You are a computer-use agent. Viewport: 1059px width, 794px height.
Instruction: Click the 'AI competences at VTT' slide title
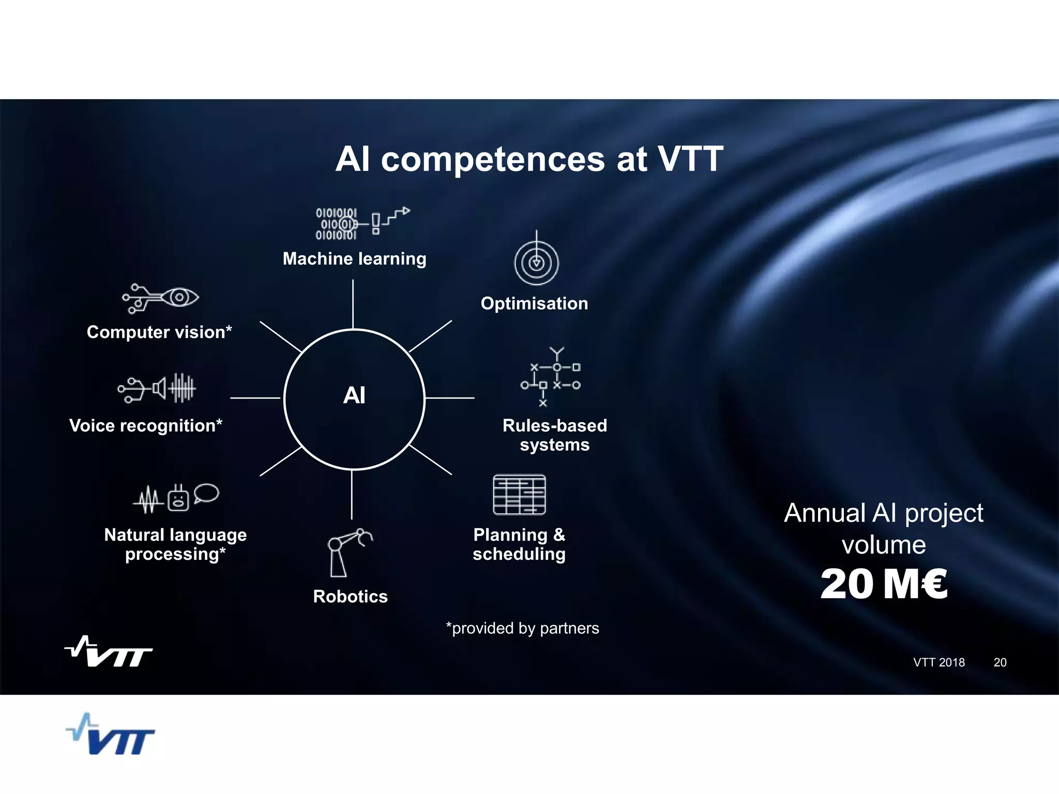(529, 159)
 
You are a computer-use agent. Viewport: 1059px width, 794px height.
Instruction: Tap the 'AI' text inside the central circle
(354, 395)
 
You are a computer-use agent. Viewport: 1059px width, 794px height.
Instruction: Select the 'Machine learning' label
(354, 258)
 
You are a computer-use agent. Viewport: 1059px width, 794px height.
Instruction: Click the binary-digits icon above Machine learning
(337, 224)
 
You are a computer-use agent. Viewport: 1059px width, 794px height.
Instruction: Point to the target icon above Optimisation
(536, 262)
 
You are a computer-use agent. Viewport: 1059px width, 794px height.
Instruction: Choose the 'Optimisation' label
(534, 303)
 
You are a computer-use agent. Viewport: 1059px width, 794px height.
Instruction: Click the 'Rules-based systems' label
(554, 435)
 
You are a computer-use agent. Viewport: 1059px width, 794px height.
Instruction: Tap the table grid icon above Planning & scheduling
(519, 495)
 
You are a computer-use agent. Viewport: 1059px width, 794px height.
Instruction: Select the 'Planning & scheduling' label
(519, 544)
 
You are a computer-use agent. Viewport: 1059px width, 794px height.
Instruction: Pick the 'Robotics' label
(350, 597)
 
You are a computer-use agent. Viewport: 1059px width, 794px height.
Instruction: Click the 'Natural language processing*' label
(175, 544)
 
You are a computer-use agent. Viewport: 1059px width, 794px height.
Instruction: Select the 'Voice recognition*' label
(146, 425)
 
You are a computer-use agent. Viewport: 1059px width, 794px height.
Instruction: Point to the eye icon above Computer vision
(179, 297)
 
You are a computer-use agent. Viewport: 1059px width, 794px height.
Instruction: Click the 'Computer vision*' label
(159, 332)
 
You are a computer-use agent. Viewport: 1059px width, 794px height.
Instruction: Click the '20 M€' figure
(884, 584)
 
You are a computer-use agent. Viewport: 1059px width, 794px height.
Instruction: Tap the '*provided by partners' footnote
(522, 628)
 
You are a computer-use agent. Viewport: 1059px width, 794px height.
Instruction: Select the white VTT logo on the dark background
(109, 652)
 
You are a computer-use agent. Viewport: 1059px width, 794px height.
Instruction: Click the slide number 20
(1000, 662)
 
